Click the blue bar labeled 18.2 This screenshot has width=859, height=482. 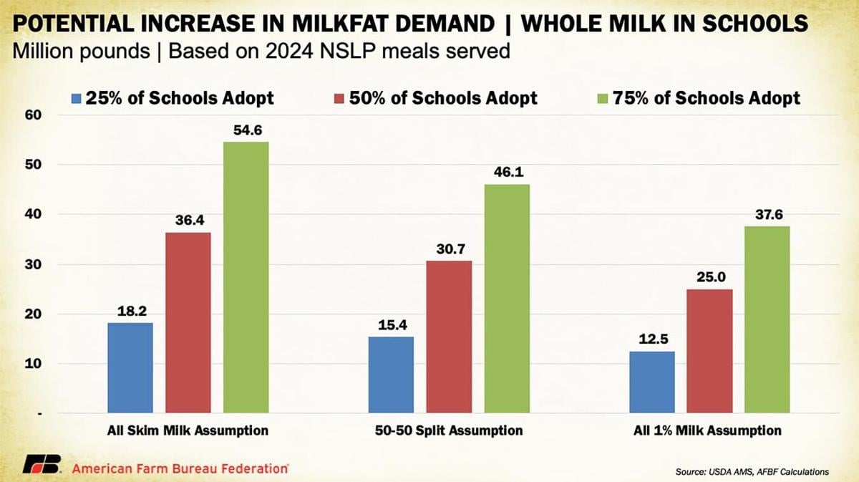pyautogui.click(x=130, y=368)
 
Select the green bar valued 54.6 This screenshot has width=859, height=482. pyautogui.click(x=246, y=278)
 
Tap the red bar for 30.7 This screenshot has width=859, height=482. pyautogui.click(x=449, y=337)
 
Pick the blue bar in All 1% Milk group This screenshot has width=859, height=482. pyautogui.click(x=651, y=382)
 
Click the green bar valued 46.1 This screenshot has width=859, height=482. pyautogui.click(x=507, y=299)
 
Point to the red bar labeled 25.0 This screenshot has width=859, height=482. pyautogui.click(x=709, y=351)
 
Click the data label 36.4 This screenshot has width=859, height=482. pyautogui.click(x=188, y=221)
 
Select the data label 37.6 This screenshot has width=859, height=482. pyautogui.click(x=767, y=214)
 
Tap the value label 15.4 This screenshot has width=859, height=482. pyautogui.click(x=391, y=324)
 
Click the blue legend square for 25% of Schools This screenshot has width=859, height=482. pyautogui.click(x=77, y=98)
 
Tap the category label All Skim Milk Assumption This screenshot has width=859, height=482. pyautogui.click(x=183, y=430)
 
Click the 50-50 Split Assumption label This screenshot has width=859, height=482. pyautogui.click(x=450, y=430)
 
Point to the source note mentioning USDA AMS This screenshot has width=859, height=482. pyautogui.click(x=752, y=471)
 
